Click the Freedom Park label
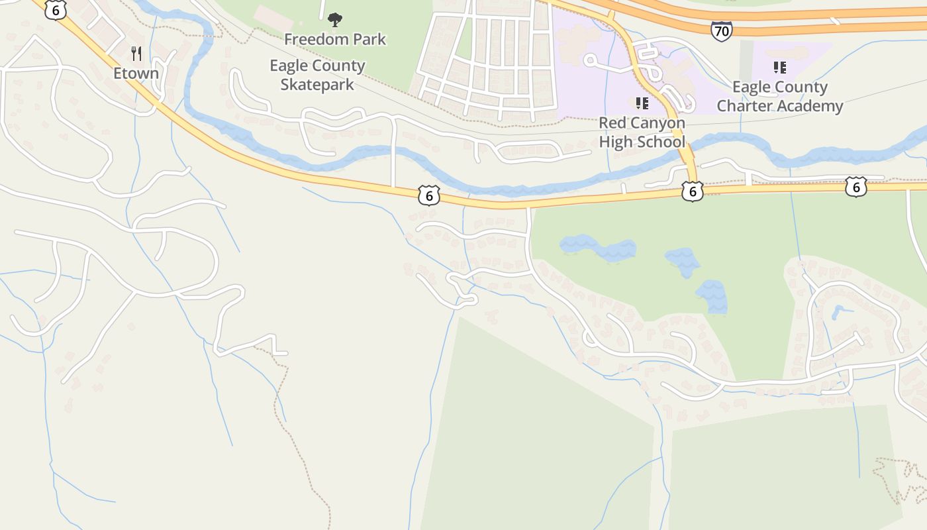(x=335, y=39)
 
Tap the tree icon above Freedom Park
(x=335, y=20)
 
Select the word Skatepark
(x=317, y=85)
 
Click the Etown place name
(x=136, y=73)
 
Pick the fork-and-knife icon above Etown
(x=136, y=54)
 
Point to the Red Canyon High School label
(x=642, y=132)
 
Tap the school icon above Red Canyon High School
(x=642, y=103)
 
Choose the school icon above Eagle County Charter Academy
(x=780, y=67)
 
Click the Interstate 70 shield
(x=721, y=30)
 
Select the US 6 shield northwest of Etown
(x=56, y=9)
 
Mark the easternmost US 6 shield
(x=856, y=187)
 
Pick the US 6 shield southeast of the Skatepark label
(x=429, y=195)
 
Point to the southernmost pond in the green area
(x=712, y=296)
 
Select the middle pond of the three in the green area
(x=683, y=262)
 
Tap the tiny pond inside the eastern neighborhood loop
(x=838, y=311)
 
